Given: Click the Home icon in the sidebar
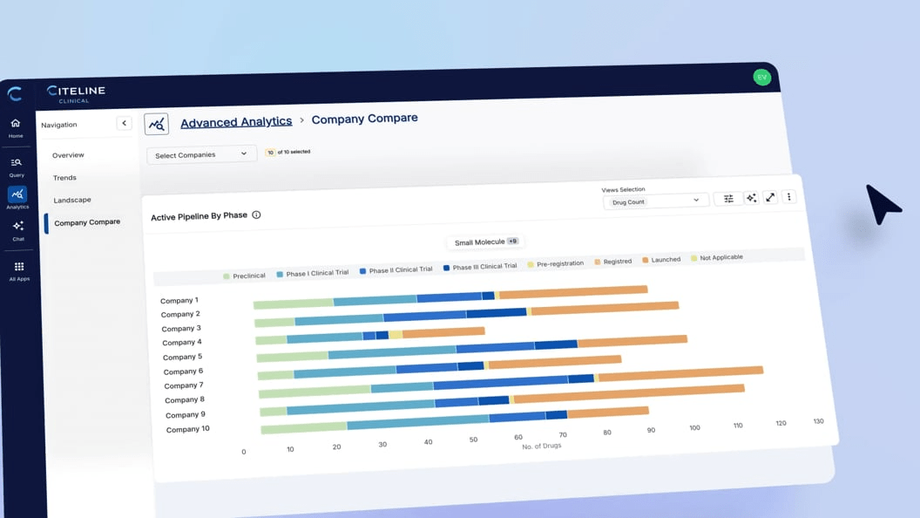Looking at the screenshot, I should tap(16, 127).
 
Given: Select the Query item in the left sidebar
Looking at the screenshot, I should tap(17, 167).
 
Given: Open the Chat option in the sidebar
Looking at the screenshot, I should tap(18, 230).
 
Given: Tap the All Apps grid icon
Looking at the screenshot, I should tap(19, 270).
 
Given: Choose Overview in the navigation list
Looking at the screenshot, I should tap(68, 155).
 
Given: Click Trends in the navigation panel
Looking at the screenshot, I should tap(64, 178).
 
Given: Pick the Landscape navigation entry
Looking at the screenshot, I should tap(72, 200).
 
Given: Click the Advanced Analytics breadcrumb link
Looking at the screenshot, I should tap(236, 122).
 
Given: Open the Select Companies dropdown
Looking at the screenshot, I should tap(201, 154).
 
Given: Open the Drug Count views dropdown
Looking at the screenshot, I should tap(654, 201).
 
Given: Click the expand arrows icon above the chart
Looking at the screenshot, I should tap(770, 198).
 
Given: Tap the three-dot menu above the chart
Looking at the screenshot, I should tap(789, 197).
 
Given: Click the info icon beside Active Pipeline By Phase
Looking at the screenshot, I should tap(256, 215).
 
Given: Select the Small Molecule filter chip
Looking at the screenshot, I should tap(485, 242).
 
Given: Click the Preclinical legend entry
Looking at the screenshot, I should tap(244, 276).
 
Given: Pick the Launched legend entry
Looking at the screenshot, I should tap(661, 259).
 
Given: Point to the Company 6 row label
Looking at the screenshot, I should tap(183, 371).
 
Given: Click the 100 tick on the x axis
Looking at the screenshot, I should tap(694, 427).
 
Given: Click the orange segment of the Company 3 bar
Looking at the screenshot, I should tap(443, 332).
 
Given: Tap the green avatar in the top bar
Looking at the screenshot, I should tap(761, 77).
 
